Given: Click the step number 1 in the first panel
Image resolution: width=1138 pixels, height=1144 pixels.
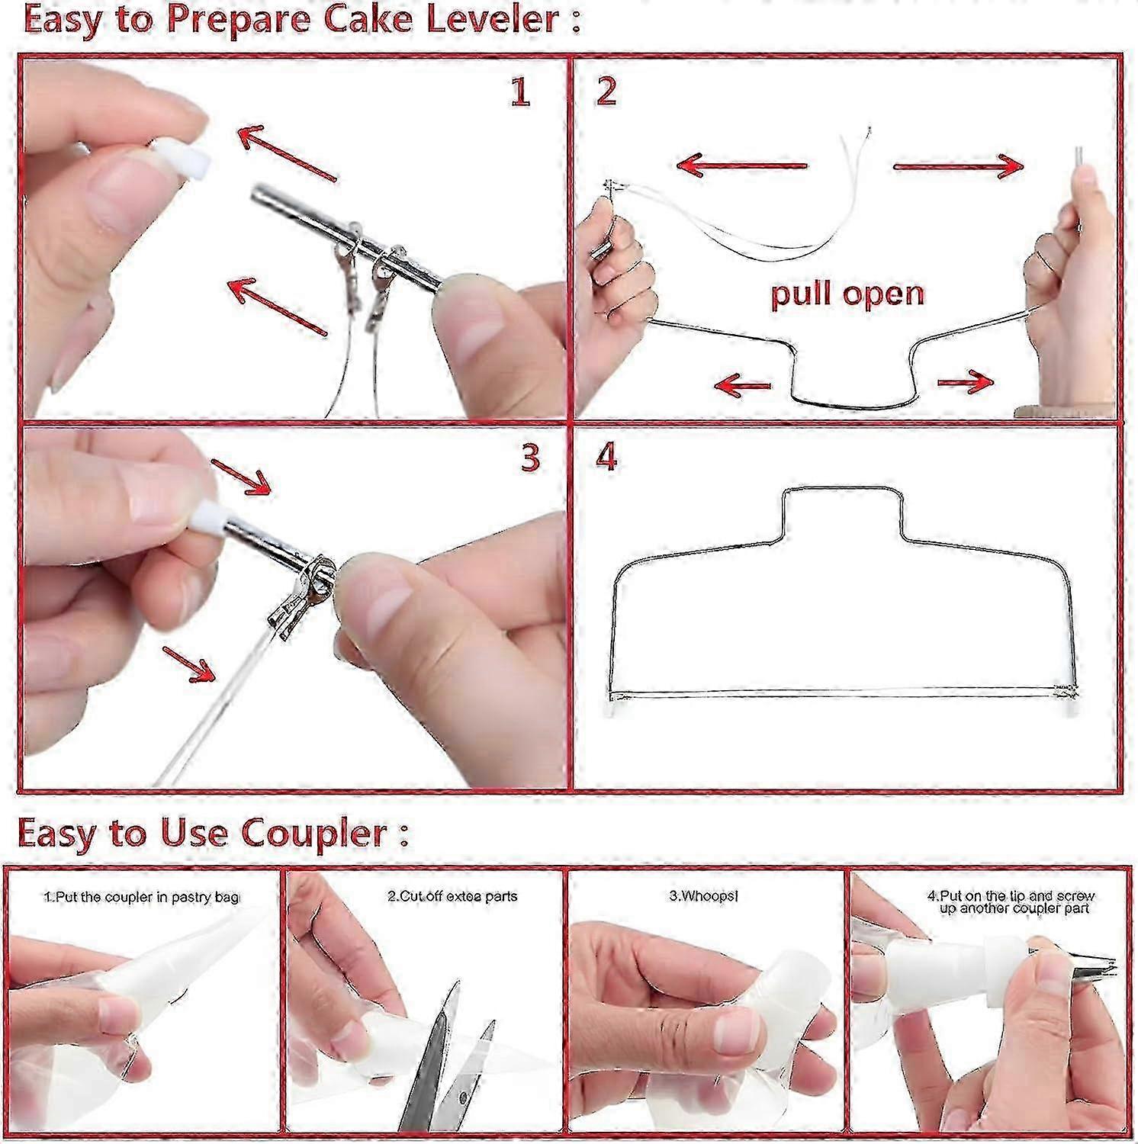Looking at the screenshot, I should (519, 92).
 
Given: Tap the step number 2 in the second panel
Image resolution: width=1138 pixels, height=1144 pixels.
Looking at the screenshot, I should (606, 92).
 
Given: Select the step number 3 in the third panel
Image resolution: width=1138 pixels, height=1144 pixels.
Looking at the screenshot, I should (530, 458).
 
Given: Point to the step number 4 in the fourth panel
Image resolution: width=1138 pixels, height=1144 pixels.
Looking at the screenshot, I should (606, 458).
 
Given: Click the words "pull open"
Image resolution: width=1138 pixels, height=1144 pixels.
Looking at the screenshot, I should (847, 294).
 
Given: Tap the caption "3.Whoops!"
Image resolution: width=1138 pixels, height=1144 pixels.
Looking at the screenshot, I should (703, 896).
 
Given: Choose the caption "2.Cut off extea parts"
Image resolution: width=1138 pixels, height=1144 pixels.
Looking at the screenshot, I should (452, 896).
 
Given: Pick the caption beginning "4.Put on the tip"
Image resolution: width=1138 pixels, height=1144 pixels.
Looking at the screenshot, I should (1011, 902).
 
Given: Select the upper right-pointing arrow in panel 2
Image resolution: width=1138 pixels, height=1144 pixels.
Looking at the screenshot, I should (957, 165).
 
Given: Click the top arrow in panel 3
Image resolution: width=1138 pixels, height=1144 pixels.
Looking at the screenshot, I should (239, 477).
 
